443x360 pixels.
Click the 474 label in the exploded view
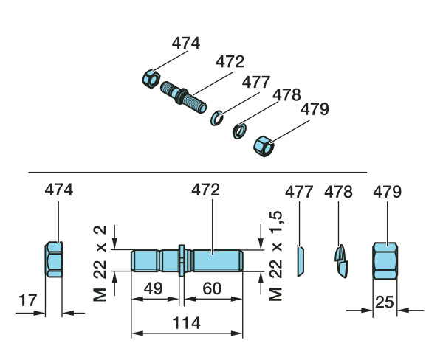186,44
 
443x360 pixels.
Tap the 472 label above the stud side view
206,190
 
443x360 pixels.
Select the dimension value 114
187,323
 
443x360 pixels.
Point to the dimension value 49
154,288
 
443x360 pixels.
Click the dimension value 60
212,288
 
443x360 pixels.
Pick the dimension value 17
28,300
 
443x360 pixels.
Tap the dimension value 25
385,302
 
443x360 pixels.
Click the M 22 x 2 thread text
100,263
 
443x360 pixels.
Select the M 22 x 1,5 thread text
275,256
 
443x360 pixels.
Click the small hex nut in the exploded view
151,80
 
